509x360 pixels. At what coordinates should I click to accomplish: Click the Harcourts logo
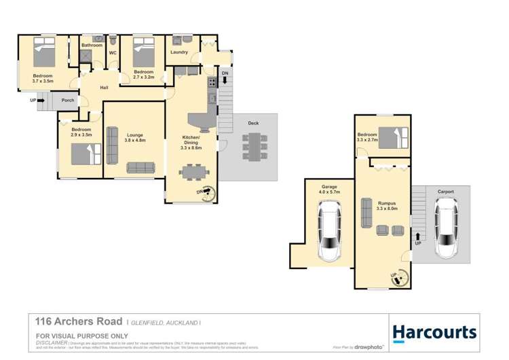click(434, 332)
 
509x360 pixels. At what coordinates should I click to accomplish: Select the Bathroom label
click(91, 46)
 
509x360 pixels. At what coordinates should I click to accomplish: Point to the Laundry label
click(179, 52)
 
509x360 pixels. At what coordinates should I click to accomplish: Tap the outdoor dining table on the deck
click(254, 147)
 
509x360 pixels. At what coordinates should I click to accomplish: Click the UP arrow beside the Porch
click(37, 101)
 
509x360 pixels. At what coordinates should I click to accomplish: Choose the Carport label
click(445, 192)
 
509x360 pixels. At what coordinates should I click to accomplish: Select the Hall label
click(105, 88)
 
